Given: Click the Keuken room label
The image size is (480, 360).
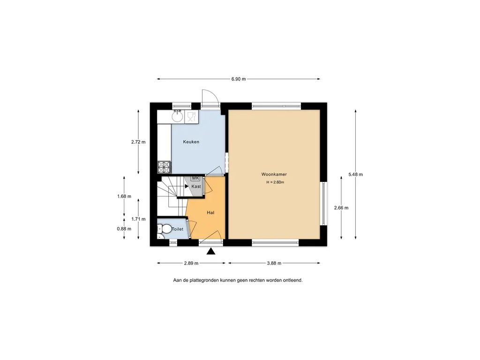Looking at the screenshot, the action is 191,142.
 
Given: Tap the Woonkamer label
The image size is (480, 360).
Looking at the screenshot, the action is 274,174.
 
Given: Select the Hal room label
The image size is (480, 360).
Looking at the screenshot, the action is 210,212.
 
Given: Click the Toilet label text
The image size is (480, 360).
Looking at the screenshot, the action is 178,229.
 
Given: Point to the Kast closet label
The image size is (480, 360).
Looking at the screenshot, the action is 196,186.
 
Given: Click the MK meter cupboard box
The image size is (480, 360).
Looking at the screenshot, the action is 195,178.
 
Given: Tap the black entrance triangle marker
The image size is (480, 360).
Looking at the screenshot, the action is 210,251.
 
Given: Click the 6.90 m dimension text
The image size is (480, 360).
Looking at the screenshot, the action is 239,79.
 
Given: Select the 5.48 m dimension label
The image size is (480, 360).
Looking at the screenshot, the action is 355,174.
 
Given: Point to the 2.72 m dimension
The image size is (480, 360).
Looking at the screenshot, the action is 138,142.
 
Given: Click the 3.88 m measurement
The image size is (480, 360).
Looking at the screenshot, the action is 274,263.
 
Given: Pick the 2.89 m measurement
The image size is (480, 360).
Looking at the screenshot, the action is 191,263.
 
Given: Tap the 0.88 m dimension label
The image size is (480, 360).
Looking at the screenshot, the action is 124,229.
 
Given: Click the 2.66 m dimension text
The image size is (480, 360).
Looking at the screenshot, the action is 341,208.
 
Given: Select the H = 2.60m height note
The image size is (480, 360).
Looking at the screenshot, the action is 275,182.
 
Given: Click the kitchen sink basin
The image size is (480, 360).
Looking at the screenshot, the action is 177,116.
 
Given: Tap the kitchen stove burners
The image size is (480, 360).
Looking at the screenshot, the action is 164,167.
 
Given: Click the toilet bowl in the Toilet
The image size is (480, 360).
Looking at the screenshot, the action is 166,229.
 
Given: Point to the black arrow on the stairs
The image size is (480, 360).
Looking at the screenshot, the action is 187,186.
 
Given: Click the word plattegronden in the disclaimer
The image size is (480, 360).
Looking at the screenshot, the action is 204,280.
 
